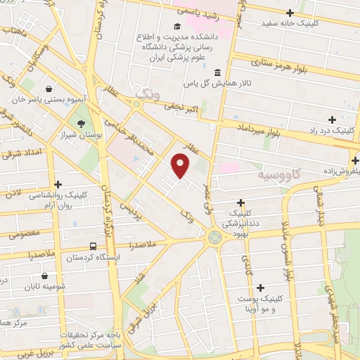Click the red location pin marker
[x=181, y=166]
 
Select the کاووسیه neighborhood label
[x=279, y=174]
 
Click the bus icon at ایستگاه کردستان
[x=94, y=246]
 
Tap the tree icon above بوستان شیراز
[x=82, y=124]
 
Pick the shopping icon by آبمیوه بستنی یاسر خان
[x=49, y=89]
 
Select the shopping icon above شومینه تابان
[x=46, y=276]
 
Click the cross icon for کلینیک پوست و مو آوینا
[x=261, y=287]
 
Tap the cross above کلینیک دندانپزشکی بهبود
[x=241, y=202]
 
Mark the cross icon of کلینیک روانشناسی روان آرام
[x=58, y=184]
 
